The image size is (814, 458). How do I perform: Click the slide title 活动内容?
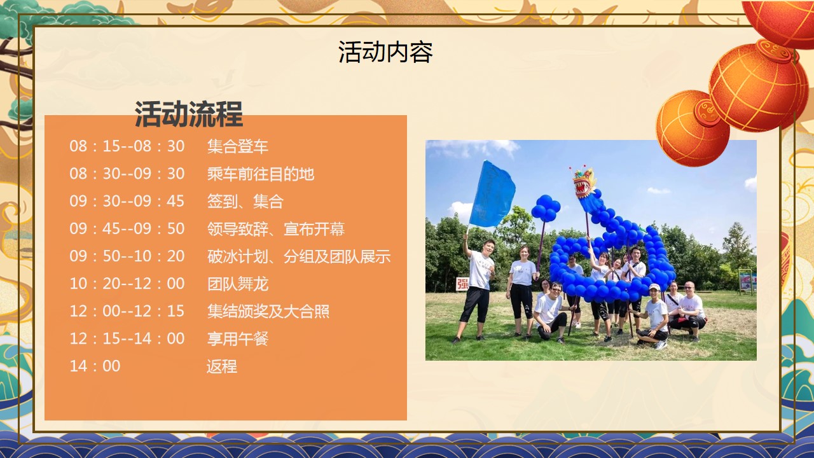pos(385,52)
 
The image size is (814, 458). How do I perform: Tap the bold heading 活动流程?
pos(189,114)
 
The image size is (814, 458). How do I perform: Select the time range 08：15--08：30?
pos(127,146)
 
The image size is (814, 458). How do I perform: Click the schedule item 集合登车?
pos(238,146)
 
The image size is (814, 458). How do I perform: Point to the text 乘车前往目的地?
pos(261,174)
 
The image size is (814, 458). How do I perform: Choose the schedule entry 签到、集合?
pos(245,202)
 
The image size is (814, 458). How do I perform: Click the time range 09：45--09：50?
pos(127,228)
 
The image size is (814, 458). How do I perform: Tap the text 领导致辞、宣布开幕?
pos(276,229)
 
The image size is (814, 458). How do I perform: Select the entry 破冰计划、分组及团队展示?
pos(299,256)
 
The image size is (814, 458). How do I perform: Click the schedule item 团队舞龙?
pos(238,284)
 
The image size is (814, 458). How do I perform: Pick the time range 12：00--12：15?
pos(127,311)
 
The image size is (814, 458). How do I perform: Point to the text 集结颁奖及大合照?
pos(268,312)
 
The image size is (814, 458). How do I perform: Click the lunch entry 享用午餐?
pos(238,339)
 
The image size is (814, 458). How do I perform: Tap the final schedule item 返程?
pos(222,366)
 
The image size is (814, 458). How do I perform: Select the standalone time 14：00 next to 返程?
pos(95,366)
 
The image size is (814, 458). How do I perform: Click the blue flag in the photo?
pos(492,195)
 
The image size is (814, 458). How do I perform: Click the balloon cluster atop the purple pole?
pos(545,208)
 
